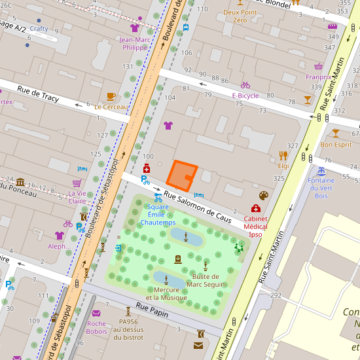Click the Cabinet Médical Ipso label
pyautogui.click(x=255, y=226)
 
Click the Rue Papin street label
pyautogui.click(x=152, y=310)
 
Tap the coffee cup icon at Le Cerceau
pyautogui.click(x=111, y=96)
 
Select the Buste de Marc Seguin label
pyautogui.click(x=206, y=280)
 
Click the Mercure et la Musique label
pyautogui.click(x=166, y=294)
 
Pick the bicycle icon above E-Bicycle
pyautogui.click(x=245, y=85)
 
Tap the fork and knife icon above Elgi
pyautogui.click(x=283, y=155)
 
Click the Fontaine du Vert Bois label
pyautogui.click(x=321, y=188)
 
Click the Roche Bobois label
pyautogui.click(x=96, y=327)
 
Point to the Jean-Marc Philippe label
pyautogui.click(x=135, y=43)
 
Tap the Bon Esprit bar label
pyautogui.click(x=336, y=145)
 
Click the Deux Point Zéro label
pyautogui.click(x=240, y=16)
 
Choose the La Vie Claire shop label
pyautogui.click(x=77, y=197)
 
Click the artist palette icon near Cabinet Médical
pyautogui.click(x=264, y=196)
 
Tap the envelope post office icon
pyautogui.click(x=198, y=345)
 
